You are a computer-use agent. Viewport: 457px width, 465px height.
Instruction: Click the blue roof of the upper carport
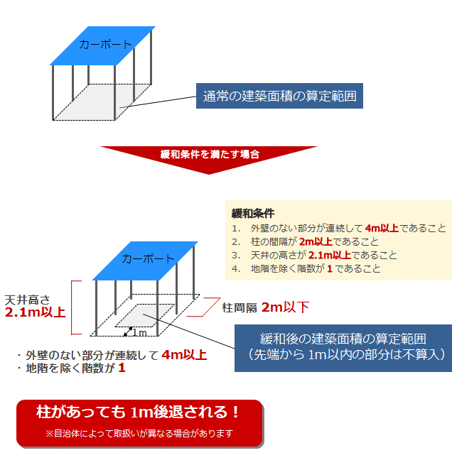click(102, 45)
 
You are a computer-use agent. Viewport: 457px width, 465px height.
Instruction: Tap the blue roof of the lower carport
click(145, 261)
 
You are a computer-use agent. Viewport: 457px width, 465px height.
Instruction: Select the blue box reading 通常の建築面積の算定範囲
click(279, 96)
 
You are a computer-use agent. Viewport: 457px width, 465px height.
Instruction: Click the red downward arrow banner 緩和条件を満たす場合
click(209, 158)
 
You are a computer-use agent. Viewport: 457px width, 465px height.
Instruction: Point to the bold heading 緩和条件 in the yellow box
click(253, 213)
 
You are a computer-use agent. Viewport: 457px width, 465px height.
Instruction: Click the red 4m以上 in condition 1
click(382, 228)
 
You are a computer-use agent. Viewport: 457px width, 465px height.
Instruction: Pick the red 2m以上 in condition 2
click(316, 241)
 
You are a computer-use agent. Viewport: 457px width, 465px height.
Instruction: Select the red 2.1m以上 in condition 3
click(330, 255)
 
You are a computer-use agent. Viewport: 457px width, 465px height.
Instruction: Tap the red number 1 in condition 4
click(330, 268)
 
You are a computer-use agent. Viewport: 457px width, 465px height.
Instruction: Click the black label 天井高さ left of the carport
click(27, 300)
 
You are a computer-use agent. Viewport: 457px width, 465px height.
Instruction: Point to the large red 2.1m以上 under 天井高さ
click(35, 312)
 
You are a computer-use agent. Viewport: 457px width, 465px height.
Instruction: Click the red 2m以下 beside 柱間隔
click(286, 307)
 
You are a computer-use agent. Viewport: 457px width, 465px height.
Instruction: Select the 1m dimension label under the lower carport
click(139, 333)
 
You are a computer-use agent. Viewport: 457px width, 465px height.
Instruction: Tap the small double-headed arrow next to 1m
click(128, 332)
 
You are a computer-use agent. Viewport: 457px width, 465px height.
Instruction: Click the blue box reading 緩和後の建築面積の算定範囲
click(343, 348)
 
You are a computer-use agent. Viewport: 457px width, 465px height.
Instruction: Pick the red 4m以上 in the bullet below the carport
click(184, 355)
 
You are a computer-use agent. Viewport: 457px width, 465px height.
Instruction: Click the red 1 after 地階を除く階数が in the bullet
click(122, 368)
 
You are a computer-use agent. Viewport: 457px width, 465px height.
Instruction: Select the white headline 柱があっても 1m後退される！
click(137, 412)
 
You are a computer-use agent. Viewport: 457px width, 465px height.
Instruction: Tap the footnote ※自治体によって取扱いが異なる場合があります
click(139, 434)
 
